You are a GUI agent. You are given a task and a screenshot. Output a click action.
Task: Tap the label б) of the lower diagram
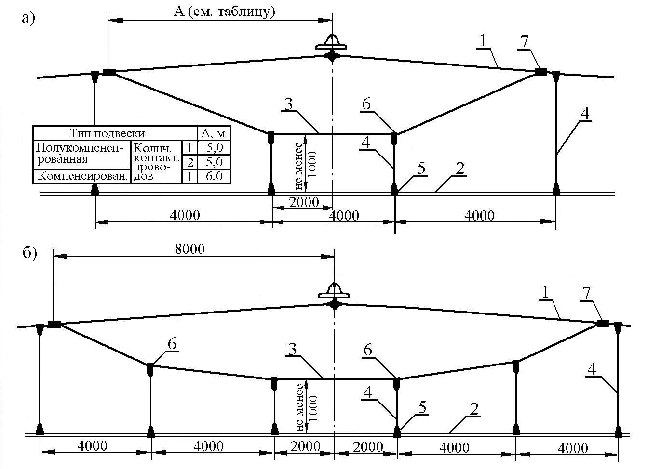tap(29, 253)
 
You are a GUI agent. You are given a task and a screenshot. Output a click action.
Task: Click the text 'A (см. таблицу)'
tap(225, 12)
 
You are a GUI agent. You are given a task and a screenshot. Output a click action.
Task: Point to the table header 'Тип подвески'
tap(108, 133)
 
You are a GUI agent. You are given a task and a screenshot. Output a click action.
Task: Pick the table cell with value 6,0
tap(214, 176)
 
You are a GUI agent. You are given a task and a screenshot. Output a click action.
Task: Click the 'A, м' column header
tap(214, 133)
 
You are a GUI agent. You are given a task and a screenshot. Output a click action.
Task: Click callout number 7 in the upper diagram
tap(524, 41)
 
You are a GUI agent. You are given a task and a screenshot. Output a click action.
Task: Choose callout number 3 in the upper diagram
tap(288, 104)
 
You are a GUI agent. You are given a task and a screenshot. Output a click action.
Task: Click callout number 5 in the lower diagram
tap(422, 408)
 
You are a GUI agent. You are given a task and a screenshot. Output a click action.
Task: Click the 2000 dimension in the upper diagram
tap(304, 202)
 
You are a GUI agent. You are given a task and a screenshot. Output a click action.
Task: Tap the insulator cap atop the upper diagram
tap(332, 43)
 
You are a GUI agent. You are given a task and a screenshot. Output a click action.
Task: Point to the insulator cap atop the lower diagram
tap(334, 291)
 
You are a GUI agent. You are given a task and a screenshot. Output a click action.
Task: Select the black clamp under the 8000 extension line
tap(54, 325)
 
